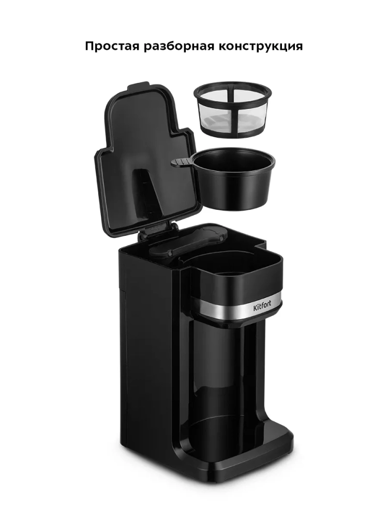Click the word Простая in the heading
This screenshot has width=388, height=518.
112,46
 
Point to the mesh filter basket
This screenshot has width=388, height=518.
233,109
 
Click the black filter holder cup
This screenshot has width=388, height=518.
234,179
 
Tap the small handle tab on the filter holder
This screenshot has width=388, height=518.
182,162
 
